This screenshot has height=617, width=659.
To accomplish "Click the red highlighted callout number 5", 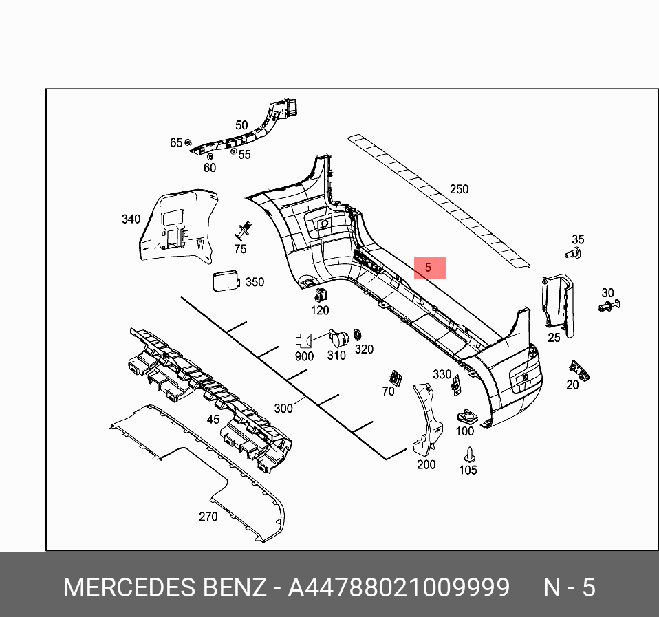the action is (429, 268).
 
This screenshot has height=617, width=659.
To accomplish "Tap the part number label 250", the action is (458, 189).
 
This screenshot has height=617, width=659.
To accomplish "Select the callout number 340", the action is (131, 219).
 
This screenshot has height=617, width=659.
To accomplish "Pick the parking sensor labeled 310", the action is (337, 338).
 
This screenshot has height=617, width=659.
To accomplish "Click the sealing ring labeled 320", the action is (358, 336).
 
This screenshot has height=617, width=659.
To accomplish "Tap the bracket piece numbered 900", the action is (303, 340).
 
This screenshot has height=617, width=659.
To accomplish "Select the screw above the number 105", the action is (469, 454).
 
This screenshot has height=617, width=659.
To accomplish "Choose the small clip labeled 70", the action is (395, 377).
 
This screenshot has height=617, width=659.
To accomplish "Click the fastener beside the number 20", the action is (577, 371).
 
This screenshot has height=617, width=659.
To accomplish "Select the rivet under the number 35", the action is (572, 254).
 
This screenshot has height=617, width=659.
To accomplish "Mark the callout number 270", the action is (208, 517).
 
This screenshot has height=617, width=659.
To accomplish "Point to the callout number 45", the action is (213, 419).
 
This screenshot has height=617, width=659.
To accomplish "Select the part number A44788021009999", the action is (398, 588).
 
